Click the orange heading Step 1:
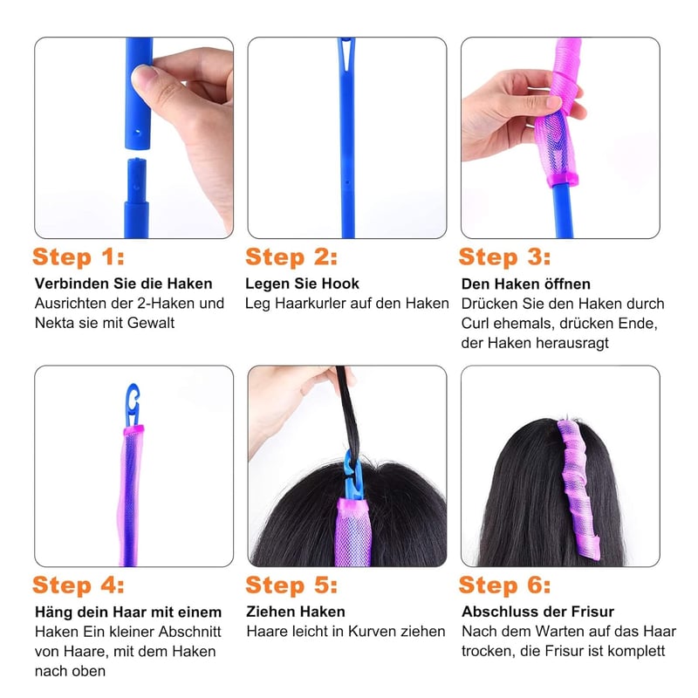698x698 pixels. pos(79,257)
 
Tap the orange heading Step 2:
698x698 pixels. pos(291,257)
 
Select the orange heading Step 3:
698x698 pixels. pos(505,257)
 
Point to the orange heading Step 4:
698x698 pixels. pos(79,585)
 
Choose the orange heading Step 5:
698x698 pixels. pos(291,585)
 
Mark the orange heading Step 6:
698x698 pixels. pos(505,585)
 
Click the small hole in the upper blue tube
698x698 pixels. pos(137,133)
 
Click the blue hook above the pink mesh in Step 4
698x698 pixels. pos(133,404)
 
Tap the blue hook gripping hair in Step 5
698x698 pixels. pos(353,475)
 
